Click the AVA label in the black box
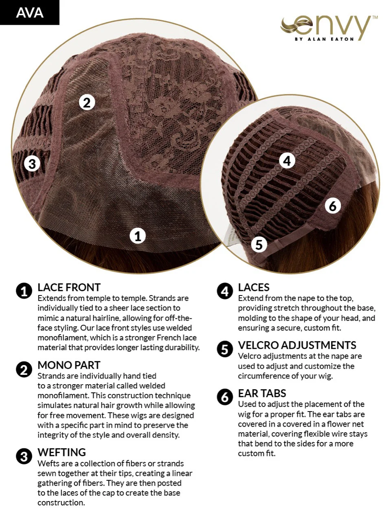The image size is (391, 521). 30,13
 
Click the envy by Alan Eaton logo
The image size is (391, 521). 329,28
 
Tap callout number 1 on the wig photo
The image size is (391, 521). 138,236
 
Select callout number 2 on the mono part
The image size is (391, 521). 87,103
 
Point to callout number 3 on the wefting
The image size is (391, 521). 32,164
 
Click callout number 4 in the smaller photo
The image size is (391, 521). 287,161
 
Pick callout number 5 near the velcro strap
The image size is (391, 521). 259,245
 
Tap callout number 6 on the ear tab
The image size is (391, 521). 333,206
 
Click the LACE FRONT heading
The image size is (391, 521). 69,287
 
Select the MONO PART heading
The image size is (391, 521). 69,365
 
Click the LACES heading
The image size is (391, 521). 254,287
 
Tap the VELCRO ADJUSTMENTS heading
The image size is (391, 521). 297,345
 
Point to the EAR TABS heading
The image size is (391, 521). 262,394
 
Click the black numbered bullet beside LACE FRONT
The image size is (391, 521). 24,291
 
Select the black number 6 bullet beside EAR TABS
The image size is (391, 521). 225,397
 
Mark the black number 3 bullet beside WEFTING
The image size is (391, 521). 24,456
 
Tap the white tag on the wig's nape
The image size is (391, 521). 230,236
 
